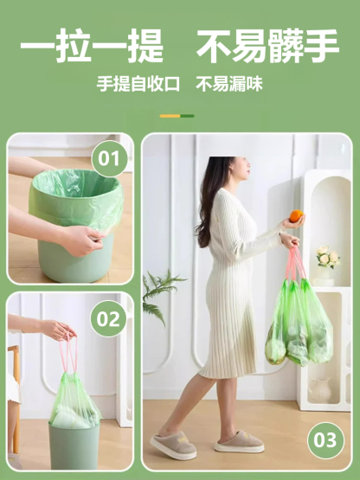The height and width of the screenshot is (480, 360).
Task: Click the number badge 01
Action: point(109,159)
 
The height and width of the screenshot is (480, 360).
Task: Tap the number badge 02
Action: point(109,319)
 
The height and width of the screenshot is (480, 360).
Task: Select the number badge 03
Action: point(325,440)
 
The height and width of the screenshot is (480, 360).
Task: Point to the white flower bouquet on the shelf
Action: point(326,257)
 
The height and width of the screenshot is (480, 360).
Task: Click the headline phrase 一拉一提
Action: point(93,47)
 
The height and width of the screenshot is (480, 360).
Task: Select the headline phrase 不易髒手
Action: point(267,47)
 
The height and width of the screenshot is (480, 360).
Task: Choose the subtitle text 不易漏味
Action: point(229,85)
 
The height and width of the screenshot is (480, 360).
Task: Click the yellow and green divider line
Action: point(177,116)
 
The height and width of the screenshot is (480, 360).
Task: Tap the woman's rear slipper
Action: point(173,446)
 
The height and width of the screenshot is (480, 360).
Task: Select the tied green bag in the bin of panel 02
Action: point(74,406)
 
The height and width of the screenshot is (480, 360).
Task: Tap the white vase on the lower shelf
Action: point(319,389)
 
